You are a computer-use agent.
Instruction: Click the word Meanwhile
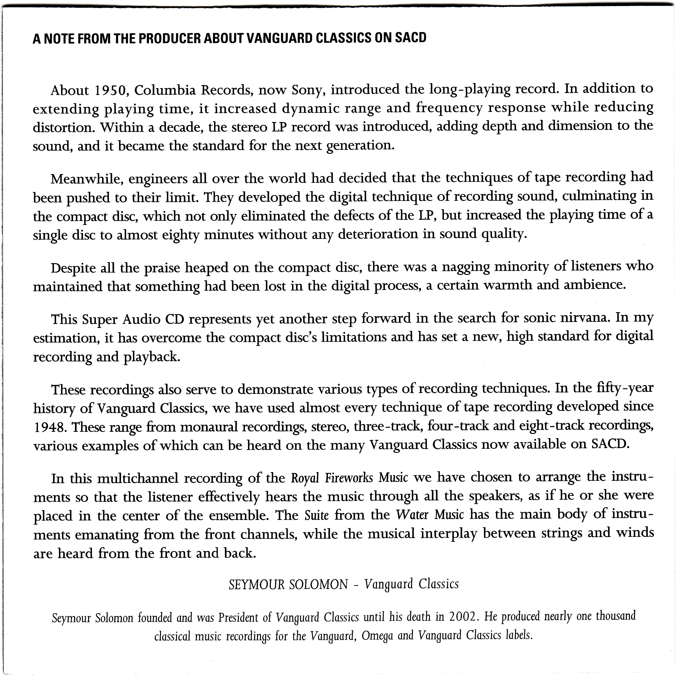[87, 179]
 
